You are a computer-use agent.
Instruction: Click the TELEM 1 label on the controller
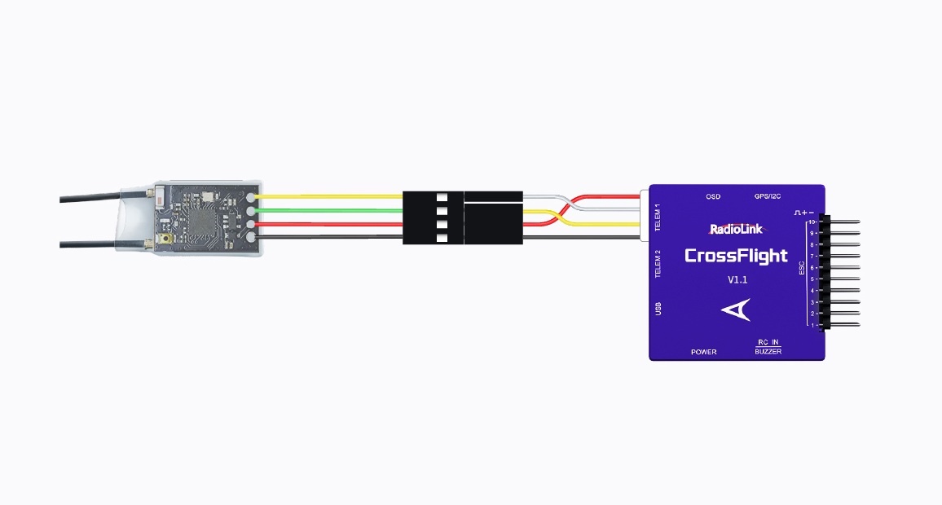pyautogui.click(x=658, y=216)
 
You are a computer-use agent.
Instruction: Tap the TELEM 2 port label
pyautogui.click(x=658, y=264)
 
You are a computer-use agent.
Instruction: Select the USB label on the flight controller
pyautogui.click(x=658, y=309)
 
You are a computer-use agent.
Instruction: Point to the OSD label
pyautogui.click(x=713, y=197)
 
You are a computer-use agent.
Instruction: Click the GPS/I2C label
pyautogui.click(x=768, y=197)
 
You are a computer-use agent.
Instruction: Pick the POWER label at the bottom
pyautogui.click(x=704, y=352)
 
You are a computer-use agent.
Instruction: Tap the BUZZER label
pyautogui.click(x=768, y=352)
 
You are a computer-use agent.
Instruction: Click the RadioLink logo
pyautogui.click(x=736, y=229)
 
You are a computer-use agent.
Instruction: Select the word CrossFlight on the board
pyautogui.click(x=736, y=256)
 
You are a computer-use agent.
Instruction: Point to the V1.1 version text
pyautogui.click(x=737, y=280)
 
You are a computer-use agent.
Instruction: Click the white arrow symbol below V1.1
pyautogui.click(x=736, y=310)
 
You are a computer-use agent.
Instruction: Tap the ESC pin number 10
pyautogui.click(x=812, y=222)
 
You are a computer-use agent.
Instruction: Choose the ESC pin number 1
pyautogui.click(x=812, y=325)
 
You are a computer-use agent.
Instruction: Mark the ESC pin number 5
pyautogui.click(x=812, y=279)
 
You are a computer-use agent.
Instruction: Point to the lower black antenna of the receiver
pyautogui.click(x=90, y=243)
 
